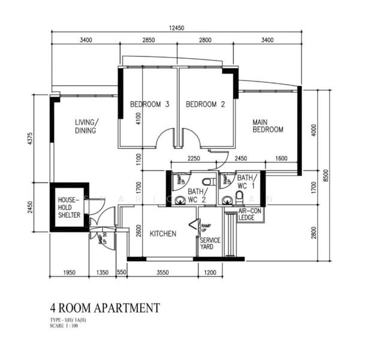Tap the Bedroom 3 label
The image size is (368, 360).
click(150, 104)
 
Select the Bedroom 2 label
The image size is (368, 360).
click(205, 104)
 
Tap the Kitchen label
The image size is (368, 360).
click(163, 233)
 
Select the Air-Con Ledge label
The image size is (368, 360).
click(250, 215)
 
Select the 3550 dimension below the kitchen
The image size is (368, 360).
click(162, 273)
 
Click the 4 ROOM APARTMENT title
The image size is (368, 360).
click(105, 308)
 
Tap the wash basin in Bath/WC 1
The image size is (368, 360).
click(227, 200)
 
